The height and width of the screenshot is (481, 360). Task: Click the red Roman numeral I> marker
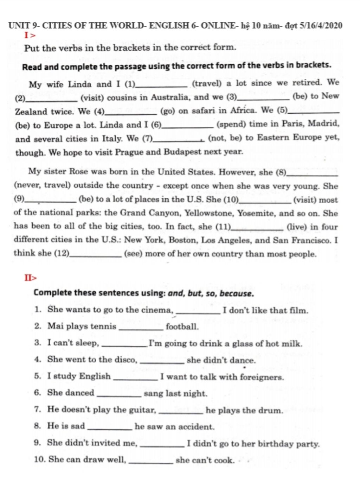pos(30,35)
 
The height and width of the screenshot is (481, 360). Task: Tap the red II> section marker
pos(30,278)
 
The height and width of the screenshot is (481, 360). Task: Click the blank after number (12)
pos(96,256)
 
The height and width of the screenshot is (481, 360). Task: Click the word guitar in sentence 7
pos(142,410)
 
